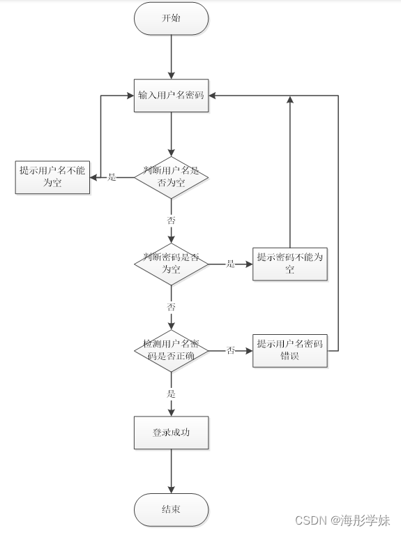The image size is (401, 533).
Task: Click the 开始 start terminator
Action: (x=171, y=19)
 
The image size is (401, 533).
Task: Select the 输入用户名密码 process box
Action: (x=171, y=95)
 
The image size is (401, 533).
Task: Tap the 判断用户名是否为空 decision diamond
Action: (x=171, y=177)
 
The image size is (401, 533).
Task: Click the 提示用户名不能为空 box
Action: (x=53, y=177)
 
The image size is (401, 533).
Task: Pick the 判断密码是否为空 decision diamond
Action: (x=171, y=264)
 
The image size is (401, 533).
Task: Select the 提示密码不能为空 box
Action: (x=290, y=264)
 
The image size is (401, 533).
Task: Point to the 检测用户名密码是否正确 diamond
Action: (x=171, y=350)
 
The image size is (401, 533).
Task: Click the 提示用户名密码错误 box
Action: (x=290, y=350)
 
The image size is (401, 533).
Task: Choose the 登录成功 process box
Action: (x=171, y=433)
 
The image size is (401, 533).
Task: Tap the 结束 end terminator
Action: (x=171, y=510)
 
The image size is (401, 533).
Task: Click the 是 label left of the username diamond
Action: (x=112, y=177)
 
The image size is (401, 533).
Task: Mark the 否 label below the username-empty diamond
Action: (x=171, y=220)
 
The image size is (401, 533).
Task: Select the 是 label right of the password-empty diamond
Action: (x=230, y=264)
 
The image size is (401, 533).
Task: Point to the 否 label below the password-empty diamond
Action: (x=171, y=307)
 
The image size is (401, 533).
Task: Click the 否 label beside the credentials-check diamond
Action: (x=230, y=350)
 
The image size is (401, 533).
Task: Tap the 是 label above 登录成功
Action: (x=171, y=393)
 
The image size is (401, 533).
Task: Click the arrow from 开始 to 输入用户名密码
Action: (x=171, y=56)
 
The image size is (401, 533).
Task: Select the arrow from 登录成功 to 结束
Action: (x=171, y=472)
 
